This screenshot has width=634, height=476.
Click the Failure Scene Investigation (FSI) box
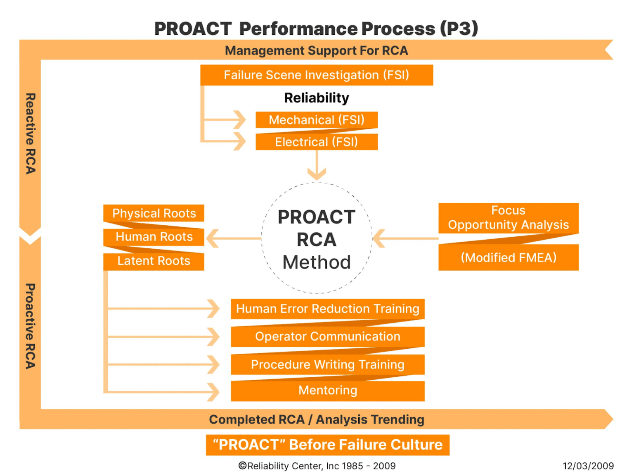coord(317,75)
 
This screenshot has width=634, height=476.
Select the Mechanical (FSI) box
coord(317,120)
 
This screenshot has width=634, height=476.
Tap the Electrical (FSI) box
coord(317,142)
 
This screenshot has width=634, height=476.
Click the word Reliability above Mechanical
coord(317,98)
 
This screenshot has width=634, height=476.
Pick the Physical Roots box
coord(154,213)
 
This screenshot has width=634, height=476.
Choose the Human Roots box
coord(154,237)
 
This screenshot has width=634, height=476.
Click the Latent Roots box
coord(154,261)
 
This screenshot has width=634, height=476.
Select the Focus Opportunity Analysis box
coord(508,218)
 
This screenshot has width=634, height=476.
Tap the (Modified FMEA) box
coord(508,257)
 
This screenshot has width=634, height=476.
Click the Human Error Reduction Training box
coord(327,309)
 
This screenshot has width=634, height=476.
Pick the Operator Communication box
coord(327,336)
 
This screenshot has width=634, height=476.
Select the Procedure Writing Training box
coord(327,364)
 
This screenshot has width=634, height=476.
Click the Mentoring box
coord(327,390)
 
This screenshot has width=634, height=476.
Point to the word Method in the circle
coord(317,262)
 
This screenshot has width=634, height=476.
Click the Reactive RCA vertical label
coord(31,133)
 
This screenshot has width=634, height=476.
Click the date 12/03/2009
coord(588,466)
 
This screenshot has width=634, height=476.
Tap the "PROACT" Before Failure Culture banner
coord(327,445)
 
